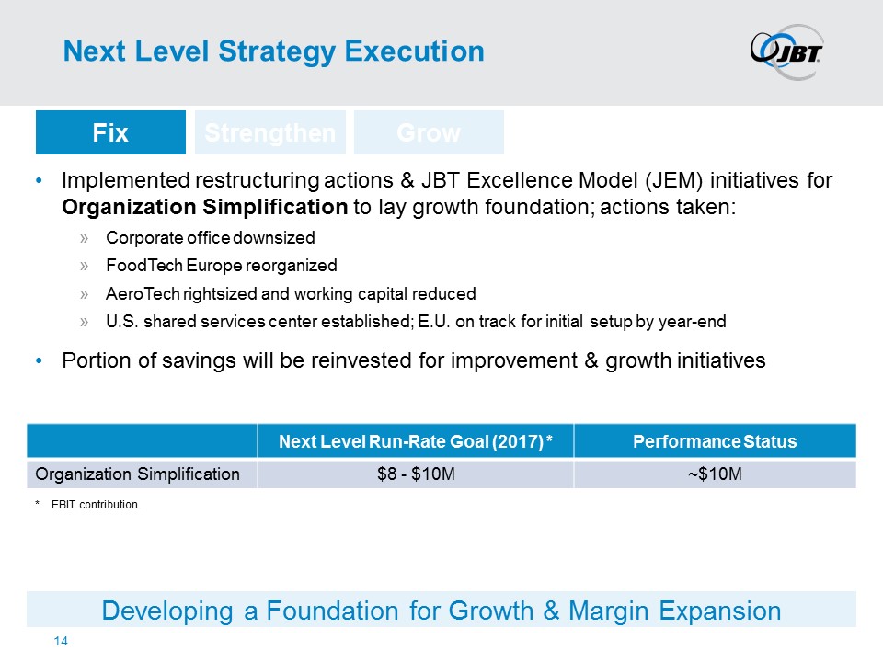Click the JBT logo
[787, 51]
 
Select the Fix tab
[110, 132]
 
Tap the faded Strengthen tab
[269, 132]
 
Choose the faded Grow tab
[429, 132]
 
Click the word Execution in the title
[415, 51]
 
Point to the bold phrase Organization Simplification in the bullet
[205, 207]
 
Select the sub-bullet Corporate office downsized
[210, 237]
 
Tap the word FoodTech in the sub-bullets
[143, 265]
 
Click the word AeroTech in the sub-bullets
[143, 293]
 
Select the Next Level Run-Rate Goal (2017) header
[416, 441]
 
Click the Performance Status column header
[715, 441]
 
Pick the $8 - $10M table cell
[416, 474]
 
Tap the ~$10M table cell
[715, 474]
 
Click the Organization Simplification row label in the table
[137, 474]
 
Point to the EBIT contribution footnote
[96, 505]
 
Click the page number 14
[61, 641]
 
